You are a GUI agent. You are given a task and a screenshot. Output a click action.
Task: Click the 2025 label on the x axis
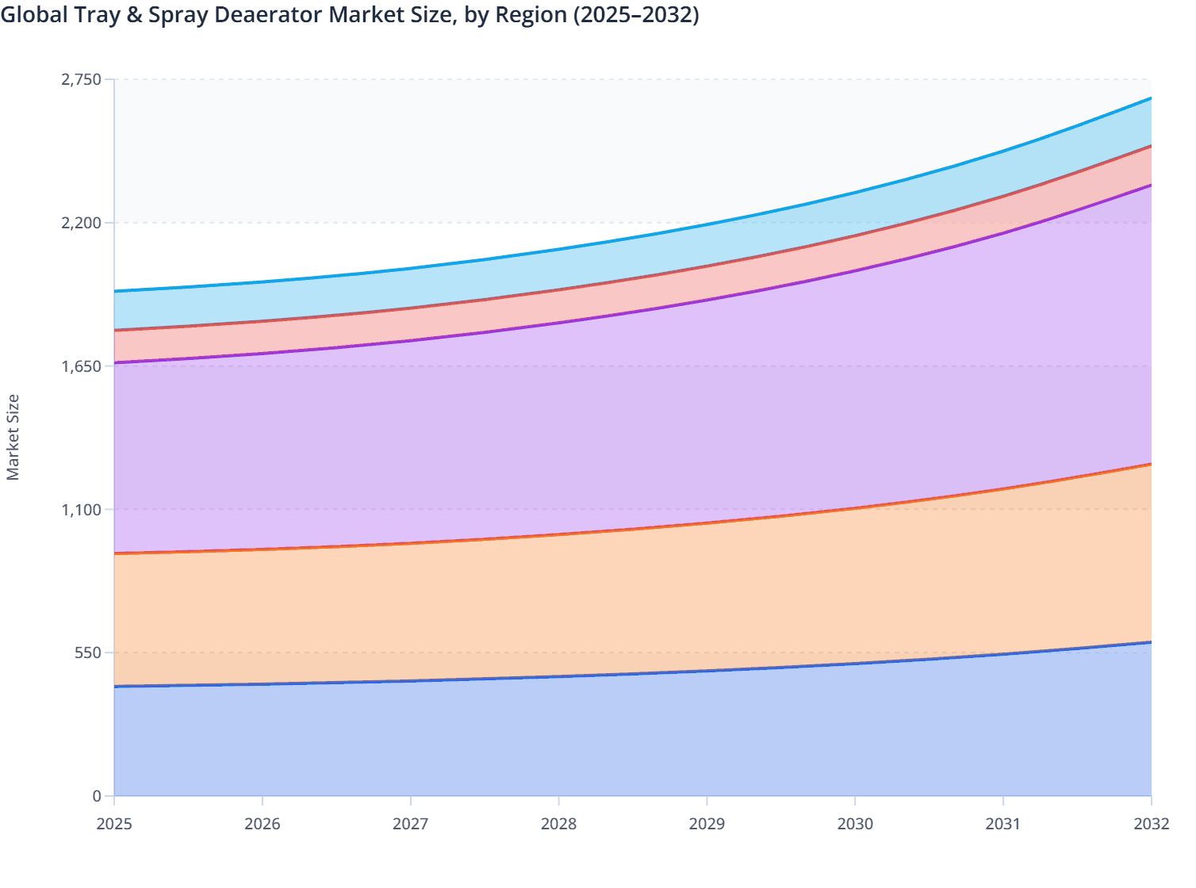113,824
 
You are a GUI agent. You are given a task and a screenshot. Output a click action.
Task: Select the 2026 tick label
262,824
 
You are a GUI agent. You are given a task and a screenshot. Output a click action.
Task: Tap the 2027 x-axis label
410,824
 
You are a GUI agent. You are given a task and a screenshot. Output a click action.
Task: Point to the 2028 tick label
558,824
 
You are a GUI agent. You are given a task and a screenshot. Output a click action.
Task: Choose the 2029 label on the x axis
707,824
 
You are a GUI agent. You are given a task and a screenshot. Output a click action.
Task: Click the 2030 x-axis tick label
855,824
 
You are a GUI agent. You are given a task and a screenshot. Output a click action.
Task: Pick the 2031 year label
1003,824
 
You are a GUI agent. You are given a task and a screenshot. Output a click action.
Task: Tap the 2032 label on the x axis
1151,824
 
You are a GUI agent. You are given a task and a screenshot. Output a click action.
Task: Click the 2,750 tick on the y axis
82,79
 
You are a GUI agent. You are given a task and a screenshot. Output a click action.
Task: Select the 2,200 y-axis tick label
82,223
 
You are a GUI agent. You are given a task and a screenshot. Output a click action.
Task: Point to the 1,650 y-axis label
82,366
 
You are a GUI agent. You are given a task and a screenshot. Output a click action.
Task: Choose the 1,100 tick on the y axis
82,510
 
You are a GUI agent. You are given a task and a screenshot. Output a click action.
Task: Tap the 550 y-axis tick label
89,653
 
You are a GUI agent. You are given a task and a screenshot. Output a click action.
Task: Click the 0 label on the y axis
97,796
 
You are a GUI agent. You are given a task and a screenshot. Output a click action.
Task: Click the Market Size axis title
13,437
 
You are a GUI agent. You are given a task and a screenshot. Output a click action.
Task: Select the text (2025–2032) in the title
635,15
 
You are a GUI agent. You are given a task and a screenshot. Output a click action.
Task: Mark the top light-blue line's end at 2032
1151,98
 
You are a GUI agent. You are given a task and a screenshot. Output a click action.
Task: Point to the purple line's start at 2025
115,362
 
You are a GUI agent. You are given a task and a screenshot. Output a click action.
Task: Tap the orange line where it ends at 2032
1151,464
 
